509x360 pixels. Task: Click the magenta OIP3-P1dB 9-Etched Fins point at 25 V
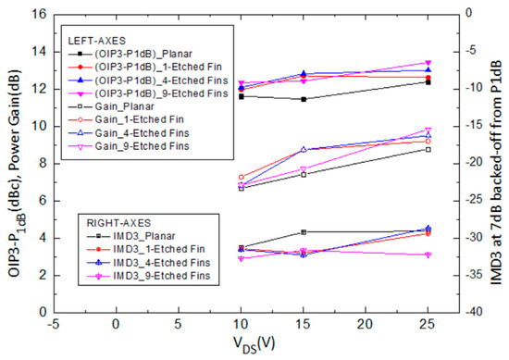428,63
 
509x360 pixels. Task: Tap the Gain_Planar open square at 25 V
428,149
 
